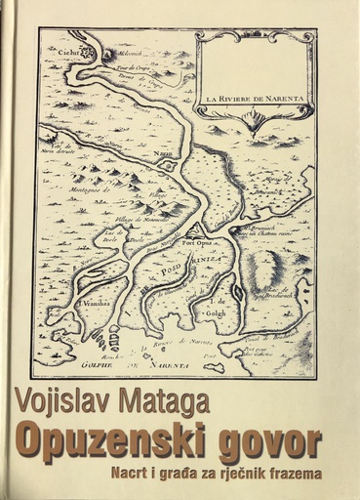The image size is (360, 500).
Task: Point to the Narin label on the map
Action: click(x=166, y=153)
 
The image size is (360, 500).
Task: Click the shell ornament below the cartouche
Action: click(x=255, y=121)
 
